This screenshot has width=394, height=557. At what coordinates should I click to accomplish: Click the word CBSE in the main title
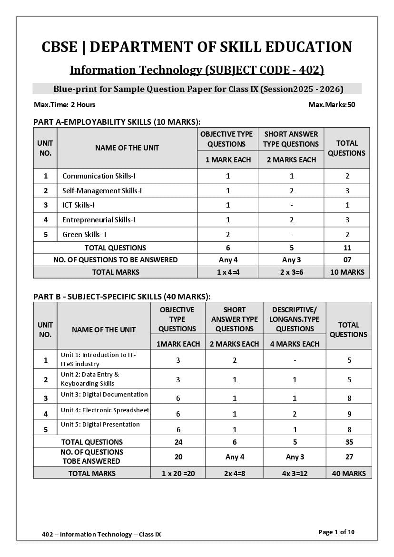tap(59, 47)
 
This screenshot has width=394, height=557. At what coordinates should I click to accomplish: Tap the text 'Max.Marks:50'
tap(331, 105)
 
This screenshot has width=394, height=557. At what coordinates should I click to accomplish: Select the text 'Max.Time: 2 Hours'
tap(65, 105)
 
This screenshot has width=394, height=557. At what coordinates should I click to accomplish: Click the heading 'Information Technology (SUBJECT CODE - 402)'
tap(197, 70)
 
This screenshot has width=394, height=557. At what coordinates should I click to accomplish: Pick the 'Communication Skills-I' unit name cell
tap(99, 176)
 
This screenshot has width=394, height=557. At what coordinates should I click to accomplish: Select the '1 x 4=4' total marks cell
tap(228, 272)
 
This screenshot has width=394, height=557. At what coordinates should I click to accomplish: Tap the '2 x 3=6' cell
tap(291, 272)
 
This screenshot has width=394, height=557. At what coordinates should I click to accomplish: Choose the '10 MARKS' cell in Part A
tap(347, 272)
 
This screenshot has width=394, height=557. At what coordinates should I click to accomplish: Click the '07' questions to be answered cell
tap(347, 260)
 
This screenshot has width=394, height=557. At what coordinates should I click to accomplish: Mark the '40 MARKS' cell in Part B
tap(349, 473)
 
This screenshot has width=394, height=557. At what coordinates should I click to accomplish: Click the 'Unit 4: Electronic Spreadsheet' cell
tap(105, 410)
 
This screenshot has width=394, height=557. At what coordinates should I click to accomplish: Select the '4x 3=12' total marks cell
tap(295, 473)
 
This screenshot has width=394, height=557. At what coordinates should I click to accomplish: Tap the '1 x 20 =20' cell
tap(178, 473)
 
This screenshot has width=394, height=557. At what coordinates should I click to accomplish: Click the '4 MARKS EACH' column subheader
tap(295, 344)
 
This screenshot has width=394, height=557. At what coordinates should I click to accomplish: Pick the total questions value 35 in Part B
tap(349, 442)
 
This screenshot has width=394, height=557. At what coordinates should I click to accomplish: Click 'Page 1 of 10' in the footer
tap(336, 532)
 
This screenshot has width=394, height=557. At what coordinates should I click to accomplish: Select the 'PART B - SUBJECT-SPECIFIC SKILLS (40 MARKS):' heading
tap(122, 296)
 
